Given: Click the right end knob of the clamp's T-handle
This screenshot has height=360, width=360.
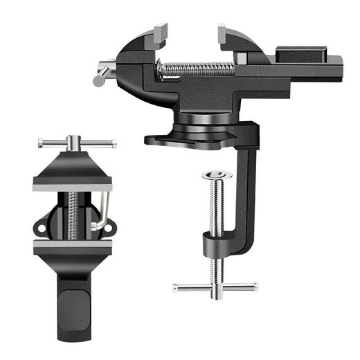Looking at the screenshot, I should pos(255,285).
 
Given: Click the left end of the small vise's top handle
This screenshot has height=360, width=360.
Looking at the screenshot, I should pos(42,144).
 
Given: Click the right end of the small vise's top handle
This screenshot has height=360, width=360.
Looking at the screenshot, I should pos(113,145).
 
